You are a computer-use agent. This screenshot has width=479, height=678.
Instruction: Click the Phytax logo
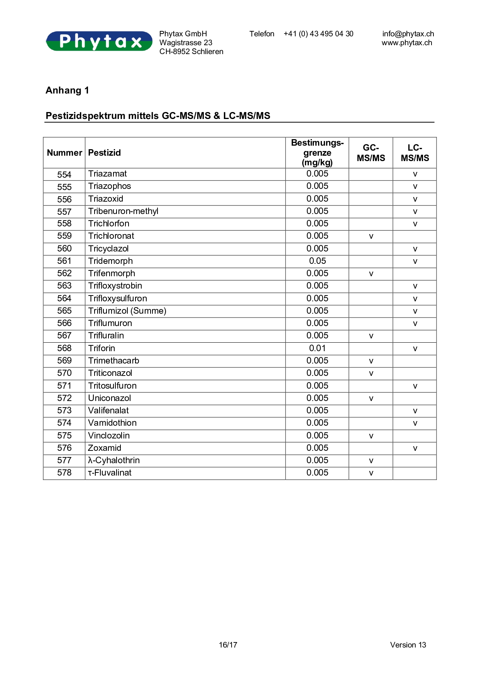click(x=99, y=41)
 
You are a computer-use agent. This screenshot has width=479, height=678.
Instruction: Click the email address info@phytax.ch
click(x=408, y=34)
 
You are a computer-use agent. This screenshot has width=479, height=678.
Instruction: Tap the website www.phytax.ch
click(x=407, y=43)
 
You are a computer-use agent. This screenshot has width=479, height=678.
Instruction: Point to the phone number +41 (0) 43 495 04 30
click(x=318, y=34)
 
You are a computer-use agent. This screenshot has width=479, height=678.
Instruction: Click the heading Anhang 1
click(x=67, y=90)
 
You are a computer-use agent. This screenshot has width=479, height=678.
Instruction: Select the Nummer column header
click(x=64, y=153)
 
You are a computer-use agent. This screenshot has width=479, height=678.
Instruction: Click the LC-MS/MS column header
click(x=415, y=153)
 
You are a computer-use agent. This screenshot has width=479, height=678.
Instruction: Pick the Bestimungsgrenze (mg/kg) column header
click(x=317, y=153)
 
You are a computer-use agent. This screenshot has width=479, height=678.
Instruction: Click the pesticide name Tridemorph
click(x=110, y=261)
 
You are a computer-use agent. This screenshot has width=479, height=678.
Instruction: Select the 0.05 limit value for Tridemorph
click(x=317, y=261)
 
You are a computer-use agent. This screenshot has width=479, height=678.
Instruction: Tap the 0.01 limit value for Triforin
click(x=317, y=348)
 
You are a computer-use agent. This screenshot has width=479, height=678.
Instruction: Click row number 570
click(x=64, y=373)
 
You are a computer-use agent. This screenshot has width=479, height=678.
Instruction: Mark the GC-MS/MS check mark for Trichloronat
click(x=371, y=236)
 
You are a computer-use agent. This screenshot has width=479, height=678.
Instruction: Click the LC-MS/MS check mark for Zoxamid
click(x=415, y=449)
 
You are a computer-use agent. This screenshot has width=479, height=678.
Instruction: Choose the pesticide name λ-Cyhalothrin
click(x=114, y=460)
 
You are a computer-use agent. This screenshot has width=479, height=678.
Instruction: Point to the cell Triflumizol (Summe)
click(x=127, y=311)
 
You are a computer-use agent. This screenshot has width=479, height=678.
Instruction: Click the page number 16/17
click(x=228, y=645)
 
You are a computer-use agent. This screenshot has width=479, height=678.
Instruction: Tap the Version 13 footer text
click(x=408, y=645)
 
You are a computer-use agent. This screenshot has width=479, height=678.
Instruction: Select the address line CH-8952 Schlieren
click(x=191, y=52)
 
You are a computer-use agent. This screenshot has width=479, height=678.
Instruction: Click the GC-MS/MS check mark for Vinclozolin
click(x=371, y=436)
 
